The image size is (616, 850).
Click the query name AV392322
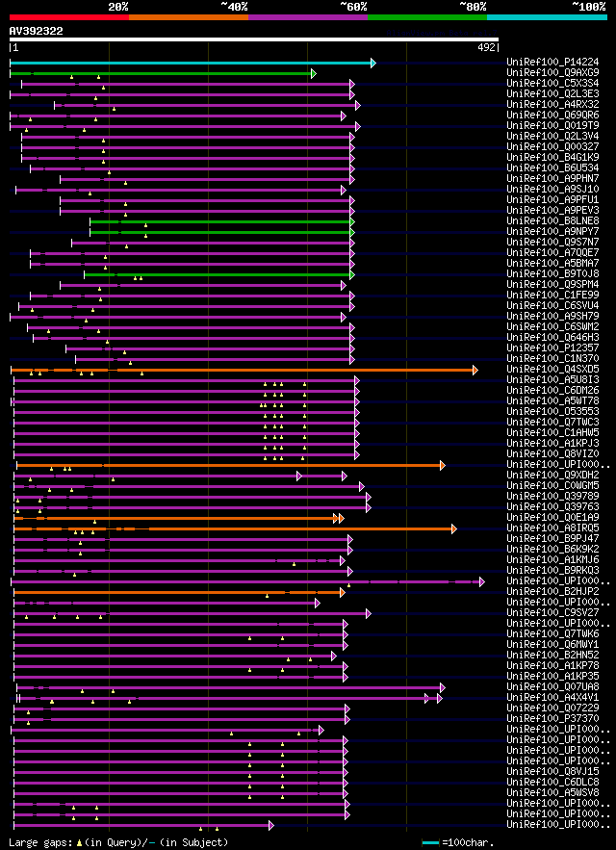(x=37, y=31)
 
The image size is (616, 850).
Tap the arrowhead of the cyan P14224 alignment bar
(x=372, y=63)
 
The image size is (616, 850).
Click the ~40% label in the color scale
(x=234, y=7)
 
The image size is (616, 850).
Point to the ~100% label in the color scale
(x=588, y=7)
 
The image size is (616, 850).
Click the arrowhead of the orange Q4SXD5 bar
(x=475, y=370)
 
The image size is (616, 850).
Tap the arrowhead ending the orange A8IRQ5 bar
(x=454, y=528)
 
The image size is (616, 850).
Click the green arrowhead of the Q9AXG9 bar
(x=313, y=73)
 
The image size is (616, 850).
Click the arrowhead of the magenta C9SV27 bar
(x=368, y=613)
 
